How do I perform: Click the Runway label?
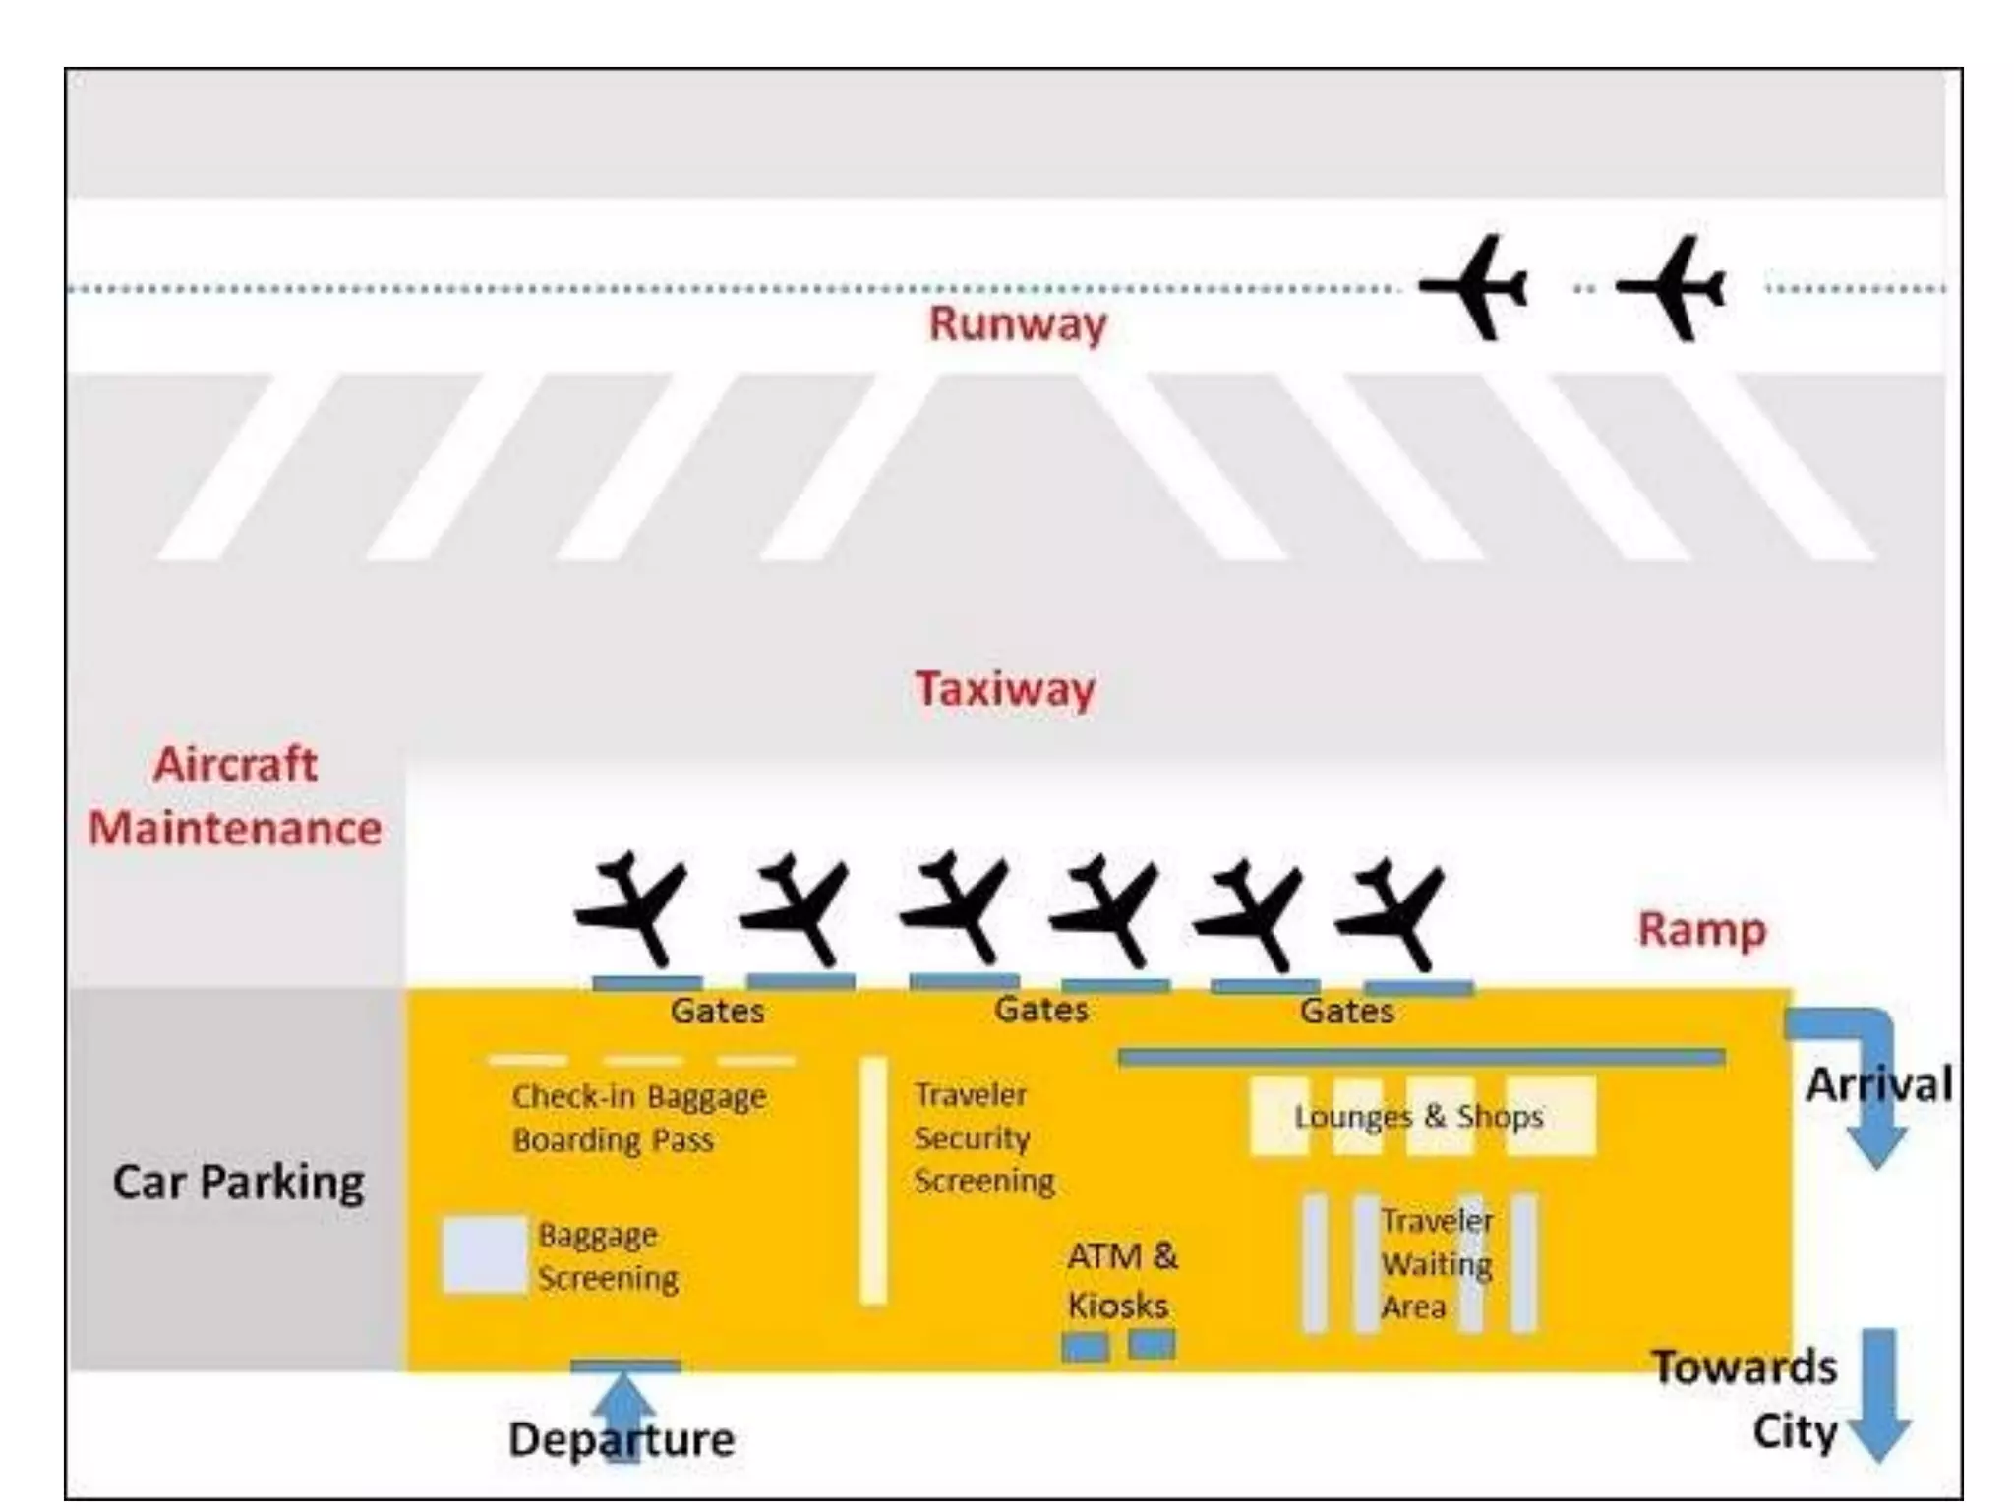pos(1017,323)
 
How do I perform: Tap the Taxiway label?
pos(1004,688)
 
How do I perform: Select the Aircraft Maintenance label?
pos(235,796)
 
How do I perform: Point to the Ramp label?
pos(1701,929)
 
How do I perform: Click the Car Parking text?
pos(238,1181)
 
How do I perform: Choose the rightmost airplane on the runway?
pos(1672,287)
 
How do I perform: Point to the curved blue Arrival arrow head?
pos(1876,1145)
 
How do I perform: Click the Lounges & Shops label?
pos(1418,1116)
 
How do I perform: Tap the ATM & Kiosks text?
pos(1121,1280)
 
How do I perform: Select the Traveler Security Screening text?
pos(983,1137)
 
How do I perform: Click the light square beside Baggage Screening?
pos(484,1253)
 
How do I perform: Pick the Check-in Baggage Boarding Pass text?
pos(638,1118)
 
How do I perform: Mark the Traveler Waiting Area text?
pos(1437,1263)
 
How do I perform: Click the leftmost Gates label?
pos(717,1011)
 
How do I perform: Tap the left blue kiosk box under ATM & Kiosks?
pos(1085,1346)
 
